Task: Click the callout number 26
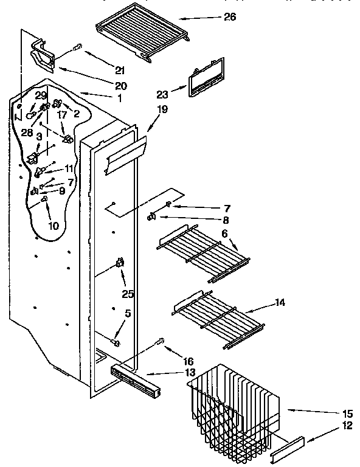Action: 230,17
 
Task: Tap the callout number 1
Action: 120,98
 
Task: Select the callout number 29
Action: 41,95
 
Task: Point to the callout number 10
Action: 53,226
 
